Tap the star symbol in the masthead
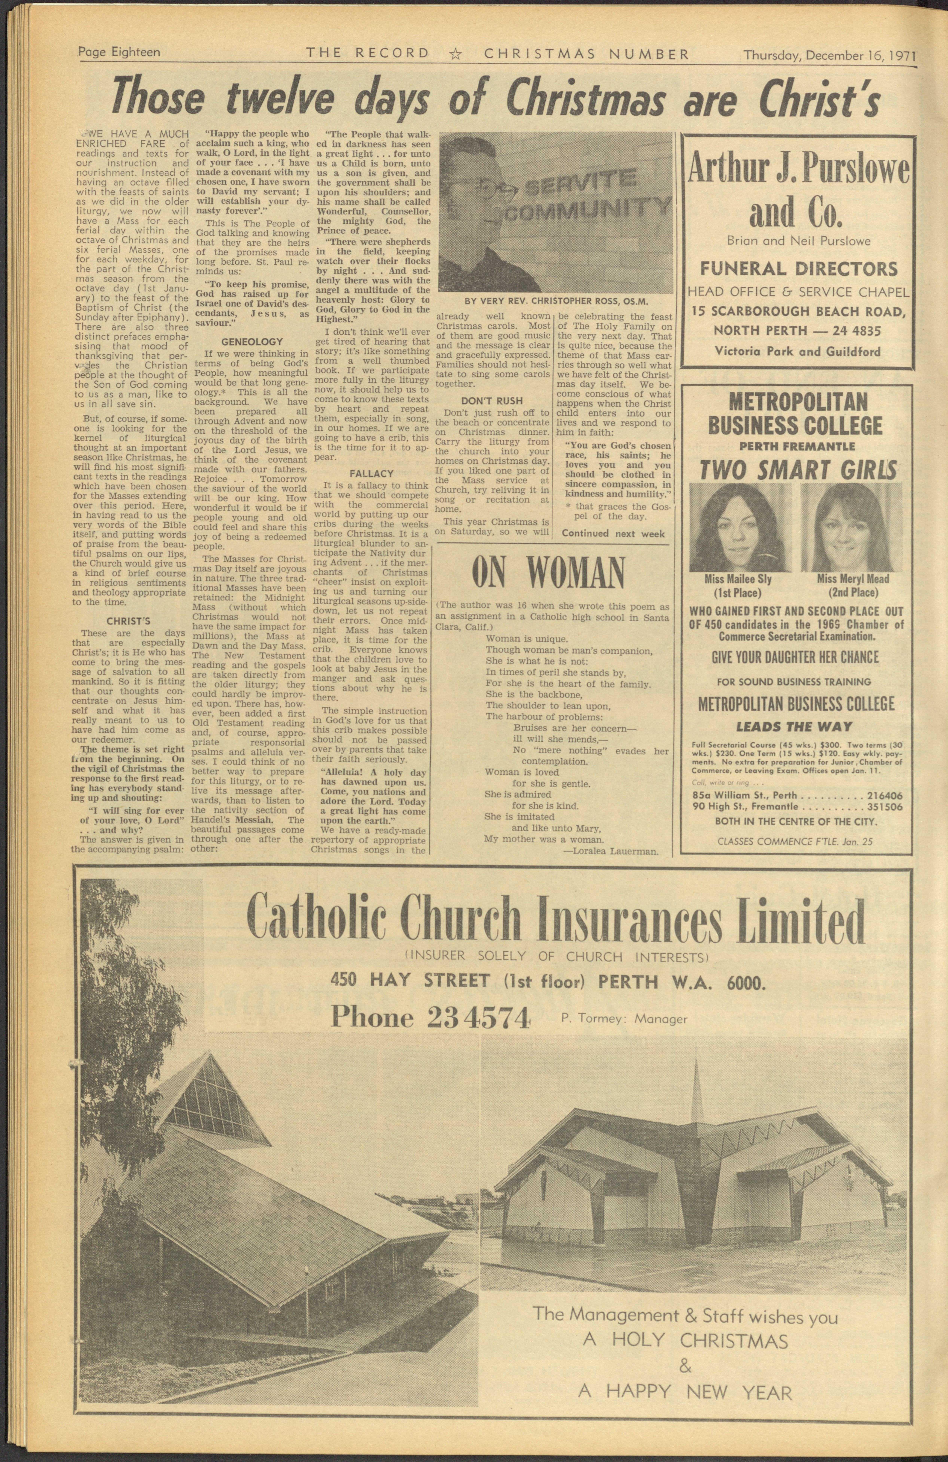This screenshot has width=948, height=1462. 455,54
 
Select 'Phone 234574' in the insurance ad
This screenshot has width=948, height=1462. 430,1018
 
